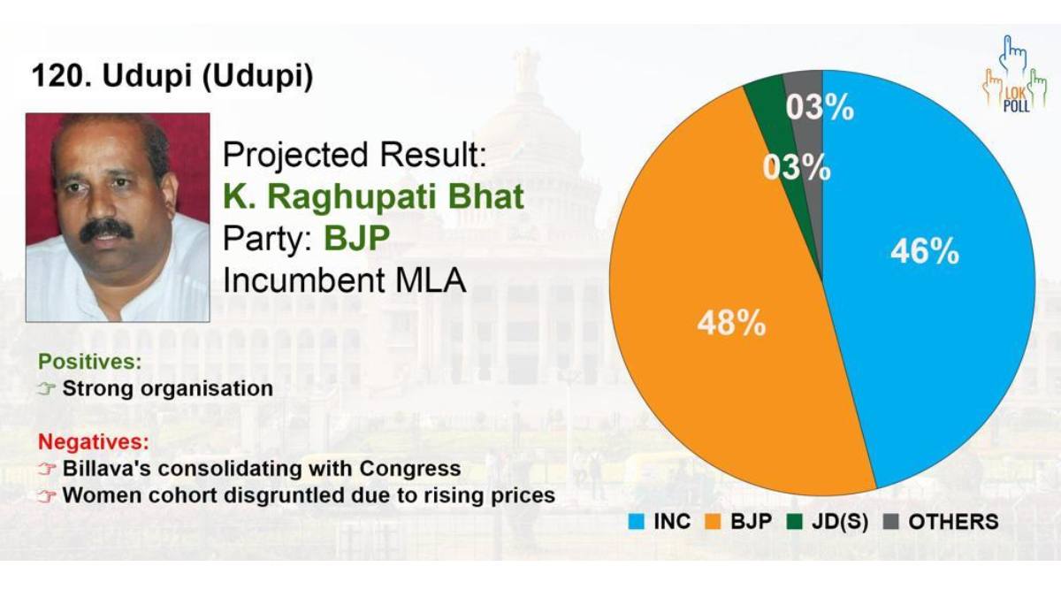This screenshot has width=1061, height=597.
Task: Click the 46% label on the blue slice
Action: [925, 251]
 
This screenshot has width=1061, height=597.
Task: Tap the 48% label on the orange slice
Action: [731, 323]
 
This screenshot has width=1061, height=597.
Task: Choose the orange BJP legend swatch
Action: [713, 522]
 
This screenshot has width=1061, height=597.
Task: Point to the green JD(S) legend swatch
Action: [795, 522]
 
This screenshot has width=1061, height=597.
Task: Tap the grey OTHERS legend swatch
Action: [891, 522]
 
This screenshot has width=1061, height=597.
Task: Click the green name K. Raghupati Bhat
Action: [373, 196]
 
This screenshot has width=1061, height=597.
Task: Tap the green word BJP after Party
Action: [356, 238]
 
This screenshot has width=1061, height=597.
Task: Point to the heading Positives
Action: [90, 362]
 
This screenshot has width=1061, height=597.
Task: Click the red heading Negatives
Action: [94, 441]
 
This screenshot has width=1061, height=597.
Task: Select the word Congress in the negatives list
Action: [409, 469]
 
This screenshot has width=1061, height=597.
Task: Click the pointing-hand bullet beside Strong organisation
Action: [47, 389]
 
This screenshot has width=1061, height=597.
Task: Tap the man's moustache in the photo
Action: [106, 231]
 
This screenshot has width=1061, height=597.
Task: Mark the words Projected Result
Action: [355, 156]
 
